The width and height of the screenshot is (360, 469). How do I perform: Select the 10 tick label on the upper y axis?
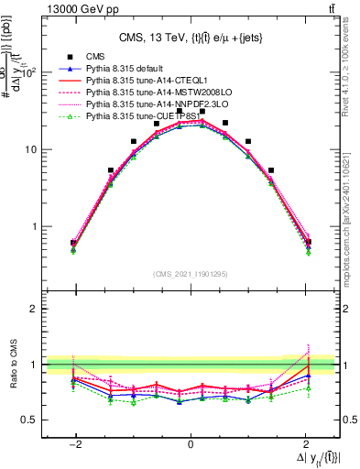tap(33, 149)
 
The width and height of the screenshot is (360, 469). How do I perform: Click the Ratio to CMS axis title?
tap(12, 364)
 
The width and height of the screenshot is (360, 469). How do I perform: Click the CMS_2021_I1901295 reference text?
tap(190, 274)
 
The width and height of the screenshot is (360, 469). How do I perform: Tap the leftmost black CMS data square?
tap(73, 243)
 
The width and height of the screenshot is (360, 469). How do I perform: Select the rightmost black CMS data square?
tap(309, 242)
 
